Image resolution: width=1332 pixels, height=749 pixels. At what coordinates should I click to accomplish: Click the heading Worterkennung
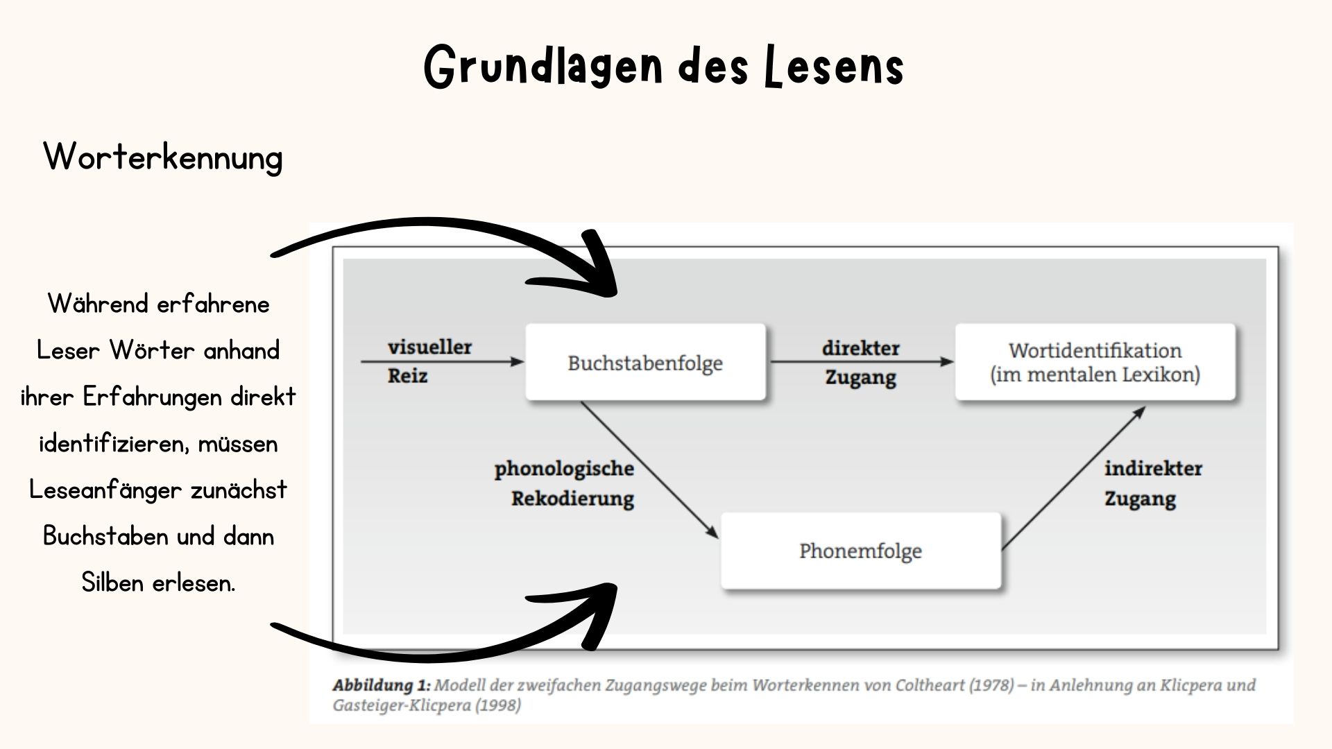(x=163, y=157)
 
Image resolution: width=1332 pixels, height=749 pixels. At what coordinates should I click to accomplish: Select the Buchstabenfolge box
(x=645, y=363)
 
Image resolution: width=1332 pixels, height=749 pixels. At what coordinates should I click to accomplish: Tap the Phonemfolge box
(x=860, y=551)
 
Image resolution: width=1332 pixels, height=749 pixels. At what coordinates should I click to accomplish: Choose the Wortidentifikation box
(x=1095, y=363)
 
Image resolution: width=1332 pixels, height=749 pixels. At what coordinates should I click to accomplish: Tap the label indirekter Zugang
(x=1152, y=483)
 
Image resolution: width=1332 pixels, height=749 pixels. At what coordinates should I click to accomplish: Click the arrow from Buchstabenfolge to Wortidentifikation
(x=860, y=361)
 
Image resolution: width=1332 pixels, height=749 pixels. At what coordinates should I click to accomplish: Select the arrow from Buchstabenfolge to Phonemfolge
(x=649, y=470)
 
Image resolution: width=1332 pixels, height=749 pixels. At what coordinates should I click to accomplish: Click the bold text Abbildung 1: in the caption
(x=382, y=685)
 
